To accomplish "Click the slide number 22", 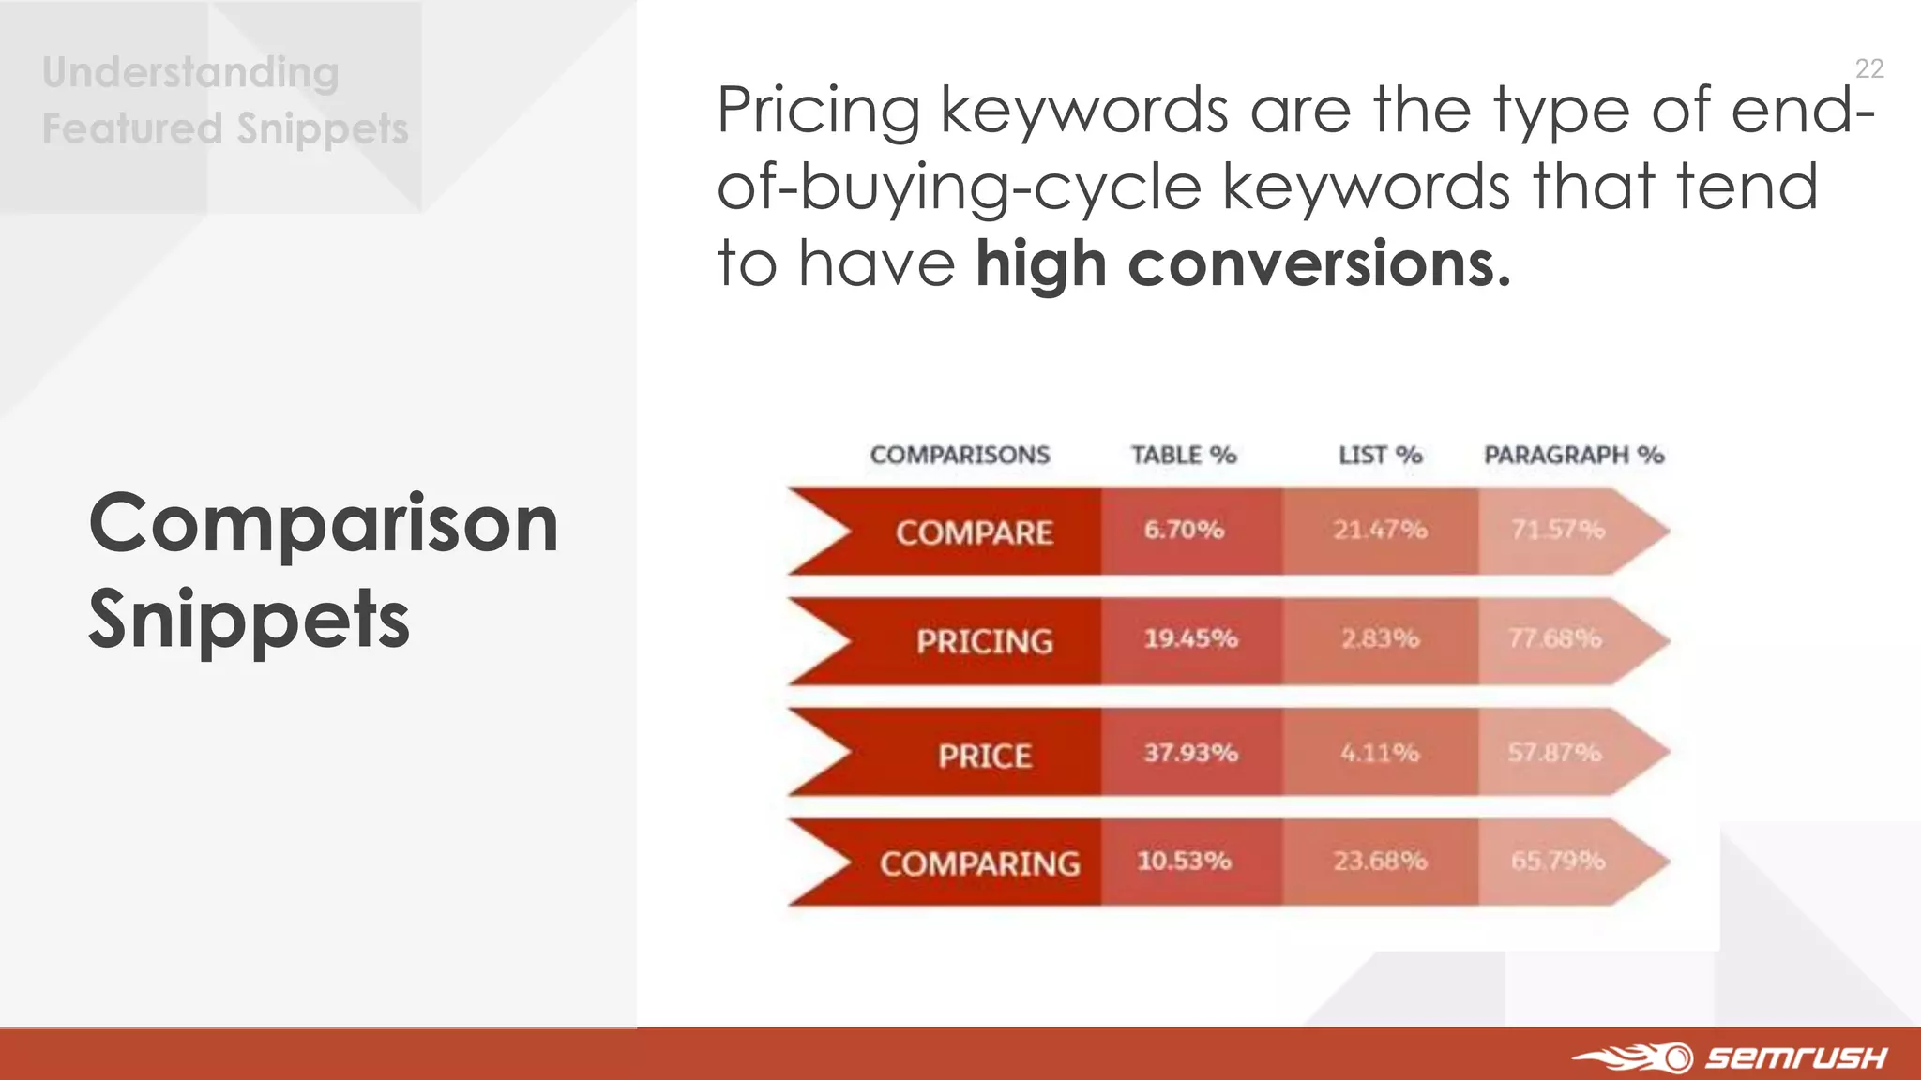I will (1868, 68).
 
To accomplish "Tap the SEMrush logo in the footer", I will (1731, 1057).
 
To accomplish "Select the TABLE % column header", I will (1184, 456).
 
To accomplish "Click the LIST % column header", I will (1380, 456).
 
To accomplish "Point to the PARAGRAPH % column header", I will (1573, 456).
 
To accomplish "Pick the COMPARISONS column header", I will (960, 456).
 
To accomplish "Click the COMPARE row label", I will (974, 532).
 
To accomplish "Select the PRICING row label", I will (984, 641).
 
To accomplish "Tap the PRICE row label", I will (985, 756).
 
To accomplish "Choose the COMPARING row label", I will (979, 863).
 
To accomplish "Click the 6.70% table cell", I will (1184, 530).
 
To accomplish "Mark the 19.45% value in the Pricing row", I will (1190, 638).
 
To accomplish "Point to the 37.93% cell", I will (1190, 753).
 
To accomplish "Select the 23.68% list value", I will (1380, 861).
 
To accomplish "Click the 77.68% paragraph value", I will (1554, 638).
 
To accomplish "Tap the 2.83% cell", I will (1380, 638).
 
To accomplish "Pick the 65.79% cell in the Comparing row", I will (1557, 861).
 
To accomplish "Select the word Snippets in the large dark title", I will (250, 619).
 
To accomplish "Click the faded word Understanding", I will (190, 73).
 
